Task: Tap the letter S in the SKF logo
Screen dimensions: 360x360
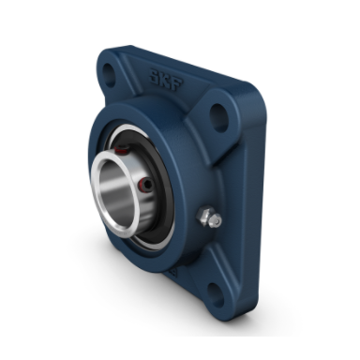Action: (155, 77)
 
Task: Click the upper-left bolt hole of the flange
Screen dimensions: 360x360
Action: (109, 75)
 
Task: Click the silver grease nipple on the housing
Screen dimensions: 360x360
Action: (208, 217)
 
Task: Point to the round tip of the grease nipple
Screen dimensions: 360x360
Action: (216, 221)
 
